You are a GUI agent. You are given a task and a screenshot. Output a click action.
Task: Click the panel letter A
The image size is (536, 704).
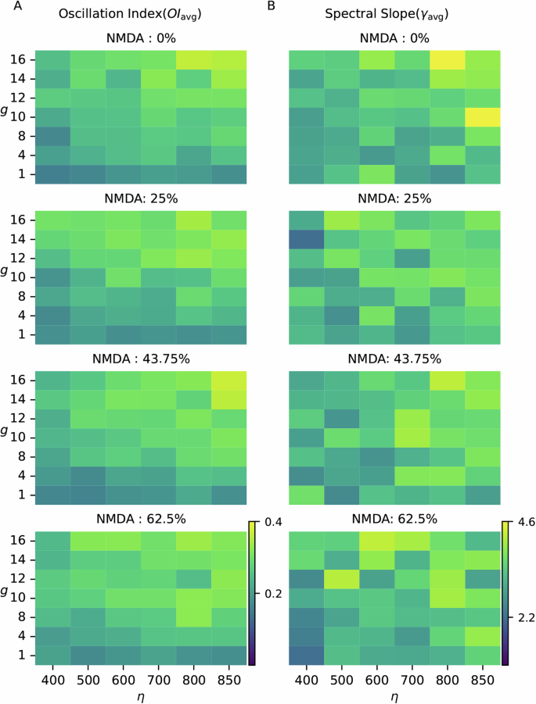tap(6, 6)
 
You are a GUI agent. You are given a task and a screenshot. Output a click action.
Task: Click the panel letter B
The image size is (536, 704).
tap(272, 6)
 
